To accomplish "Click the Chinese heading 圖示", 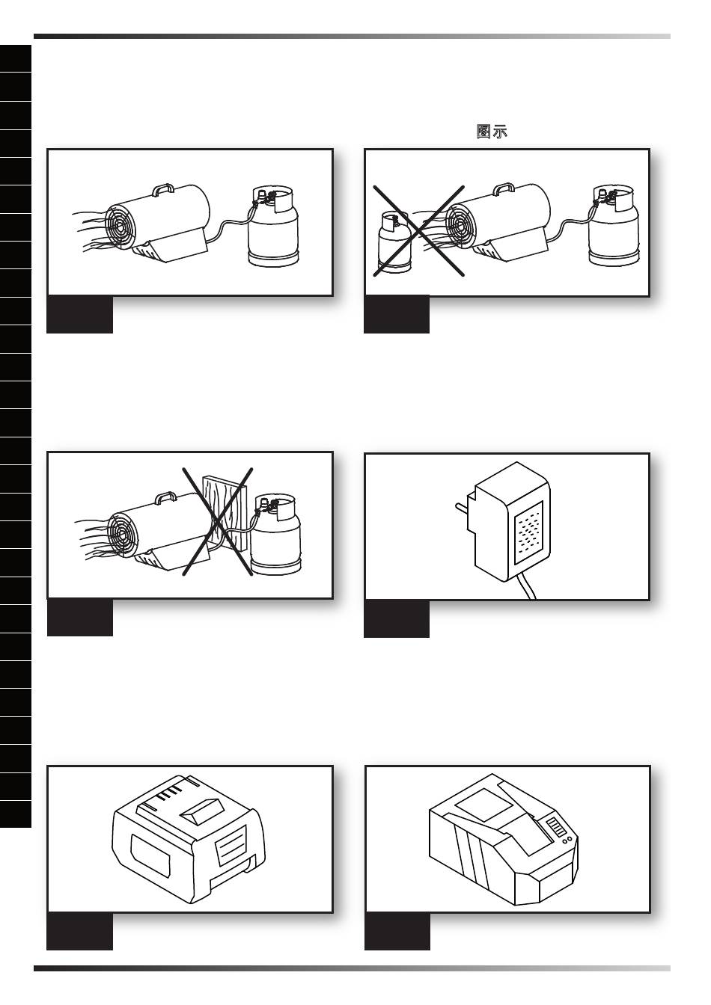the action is pos(492,132).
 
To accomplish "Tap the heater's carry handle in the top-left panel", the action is pos(163,189).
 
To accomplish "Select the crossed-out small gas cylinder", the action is pos(394,242).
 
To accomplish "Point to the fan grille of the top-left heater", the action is pos(120,227).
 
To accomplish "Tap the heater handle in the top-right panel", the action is pos(504,189).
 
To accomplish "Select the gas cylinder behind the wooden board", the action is pos(275,534).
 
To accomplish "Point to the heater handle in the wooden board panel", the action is pos(165,498).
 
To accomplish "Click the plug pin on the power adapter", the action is pos(463,509).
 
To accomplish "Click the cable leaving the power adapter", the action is pos(528,588).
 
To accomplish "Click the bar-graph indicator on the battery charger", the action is pos(555,826).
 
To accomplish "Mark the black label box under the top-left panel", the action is pos(80,314).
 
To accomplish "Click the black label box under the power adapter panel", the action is pos(397,618).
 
